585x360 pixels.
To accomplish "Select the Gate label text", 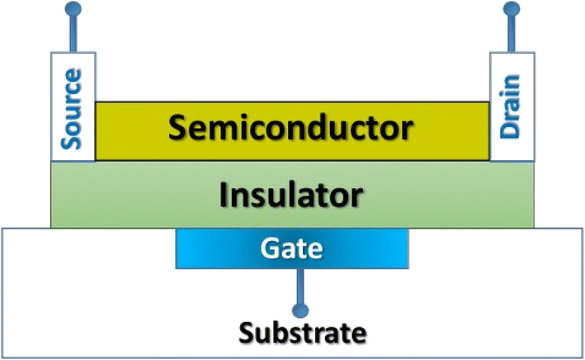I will tap(292, 247).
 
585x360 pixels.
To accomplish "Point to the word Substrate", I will tap(301, 334).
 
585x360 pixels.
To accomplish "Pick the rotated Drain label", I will tap(512, 108).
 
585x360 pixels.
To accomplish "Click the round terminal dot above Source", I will tap(73, 10).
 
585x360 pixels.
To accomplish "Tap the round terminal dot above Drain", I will tap(512, 10).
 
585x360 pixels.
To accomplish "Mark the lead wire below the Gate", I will tap(295, 285).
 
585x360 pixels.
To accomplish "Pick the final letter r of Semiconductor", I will tap(405, 130).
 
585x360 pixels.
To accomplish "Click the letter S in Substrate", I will tap(246, 334).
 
